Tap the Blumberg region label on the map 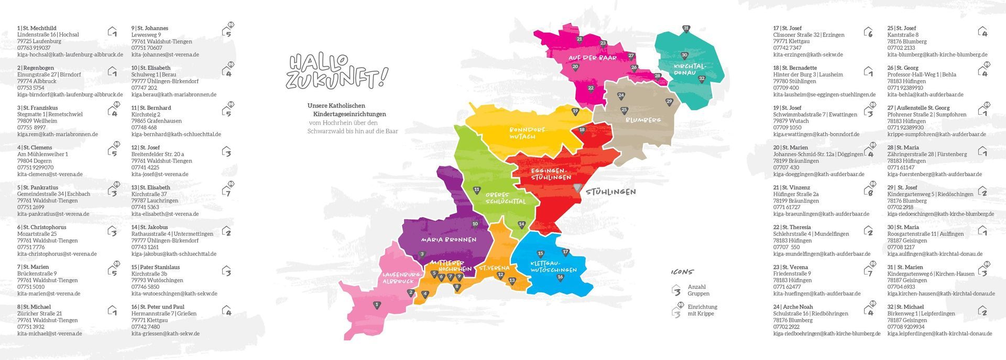tap(643, 120)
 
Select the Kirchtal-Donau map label tap(690, 70)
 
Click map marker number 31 tap(686, 29)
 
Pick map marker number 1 tap(376, 304)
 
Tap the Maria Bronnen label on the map tap(449, 239)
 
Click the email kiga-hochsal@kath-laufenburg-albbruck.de tap(70, 54)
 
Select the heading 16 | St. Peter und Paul tap(158, 307)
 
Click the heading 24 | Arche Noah tap(793, 307)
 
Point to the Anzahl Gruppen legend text tap(698, 290)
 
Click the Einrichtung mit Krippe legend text tap(702, 310)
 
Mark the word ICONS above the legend tap(682, 272)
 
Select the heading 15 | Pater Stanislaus tap(156, 267)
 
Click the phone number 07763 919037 tap(34, 48)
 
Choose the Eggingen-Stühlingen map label tap(550, 174)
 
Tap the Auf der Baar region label tap(592, 58)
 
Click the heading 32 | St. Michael tap(905, 307)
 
